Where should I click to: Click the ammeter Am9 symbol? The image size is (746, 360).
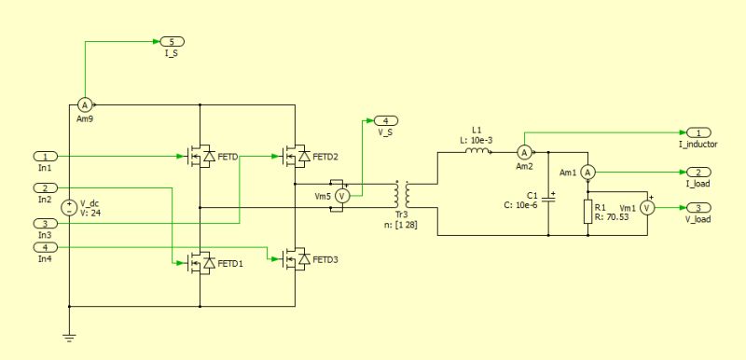(83, 105)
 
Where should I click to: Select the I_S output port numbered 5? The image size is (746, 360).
(172, 42)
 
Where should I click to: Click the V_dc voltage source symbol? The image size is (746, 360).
(69, 208)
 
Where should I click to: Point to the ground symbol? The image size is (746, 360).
(69, 337)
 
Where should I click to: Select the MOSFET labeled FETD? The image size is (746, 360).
(200, 157)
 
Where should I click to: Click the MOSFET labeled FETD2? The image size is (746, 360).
(295, 157)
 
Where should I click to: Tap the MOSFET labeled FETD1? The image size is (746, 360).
(200, 264)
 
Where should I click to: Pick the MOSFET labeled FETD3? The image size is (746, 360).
(295, 258)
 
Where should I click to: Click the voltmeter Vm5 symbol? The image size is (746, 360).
(341, 196)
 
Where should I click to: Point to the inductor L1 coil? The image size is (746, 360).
(477, 151)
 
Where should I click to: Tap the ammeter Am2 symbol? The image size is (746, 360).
(524, 151)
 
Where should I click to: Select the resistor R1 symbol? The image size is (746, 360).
(587, 210)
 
